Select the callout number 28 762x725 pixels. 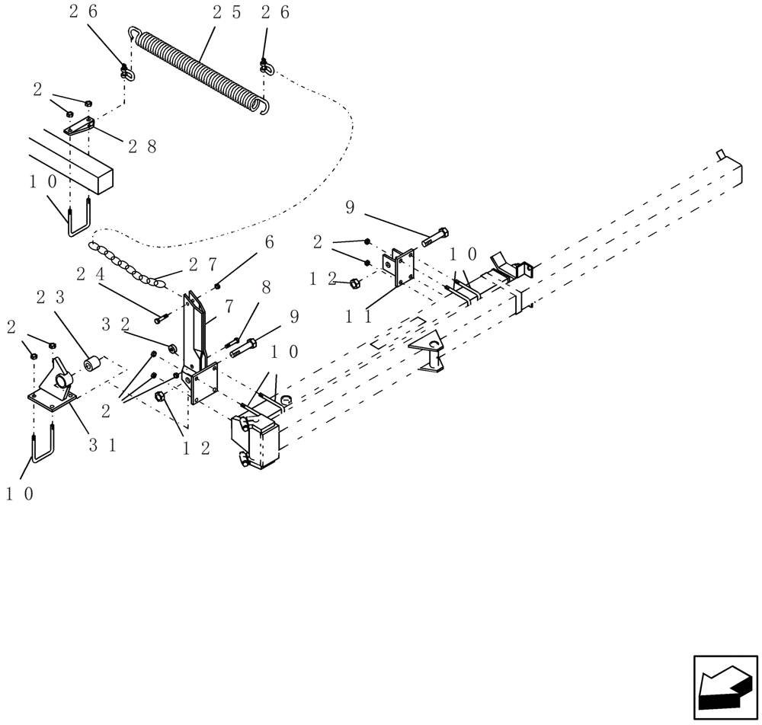pyautogui.click(x=142, y=146)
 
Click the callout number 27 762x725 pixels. pyautogui.click(x=203, y=264)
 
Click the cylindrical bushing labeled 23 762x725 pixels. pyautogui.click(x=93, y=365)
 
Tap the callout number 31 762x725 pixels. pyautogui.click(x=102, y=446)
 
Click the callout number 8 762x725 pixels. pyautogui.click(x=265, y=287)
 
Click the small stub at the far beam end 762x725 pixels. pyautogui.click(x=721, y=155)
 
